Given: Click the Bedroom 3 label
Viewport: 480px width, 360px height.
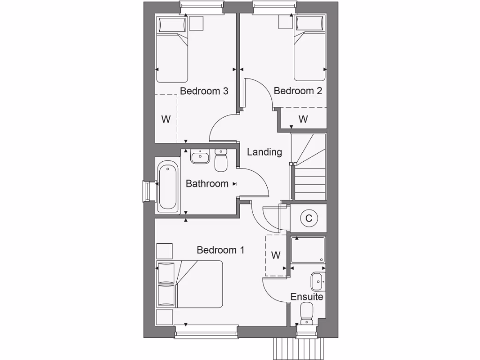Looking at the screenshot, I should point(204,91).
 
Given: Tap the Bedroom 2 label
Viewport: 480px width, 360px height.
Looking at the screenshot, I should point(298,91).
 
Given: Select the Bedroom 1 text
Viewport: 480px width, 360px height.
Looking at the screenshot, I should point(220,250).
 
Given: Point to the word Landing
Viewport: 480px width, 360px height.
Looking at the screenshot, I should point(264,152).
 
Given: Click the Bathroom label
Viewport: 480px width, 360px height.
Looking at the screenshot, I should point(207,184).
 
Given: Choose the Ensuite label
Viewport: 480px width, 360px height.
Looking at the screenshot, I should point(307,297).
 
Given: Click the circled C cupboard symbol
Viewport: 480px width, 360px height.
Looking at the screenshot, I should point(308,218).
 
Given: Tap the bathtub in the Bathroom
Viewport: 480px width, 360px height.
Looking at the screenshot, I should point(168,186).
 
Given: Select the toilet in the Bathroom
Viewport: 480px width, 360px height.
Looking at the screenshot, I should point(221,160).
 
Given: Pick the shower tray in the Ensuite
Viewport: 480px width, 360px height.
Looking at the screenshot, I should point(308,249).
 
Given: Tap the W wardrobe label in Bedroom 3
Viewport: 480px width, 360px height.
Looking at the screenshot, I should point(165,119).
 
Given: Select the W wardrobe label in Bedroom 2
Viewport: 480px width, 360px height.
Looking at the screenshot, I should point(303,119).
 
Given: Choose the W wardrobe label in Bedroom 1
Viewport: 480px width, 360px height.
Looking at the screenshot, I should point(276,255).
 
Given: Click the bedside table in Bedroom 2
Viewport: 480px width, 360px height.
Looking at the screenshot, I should point(285,22).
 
